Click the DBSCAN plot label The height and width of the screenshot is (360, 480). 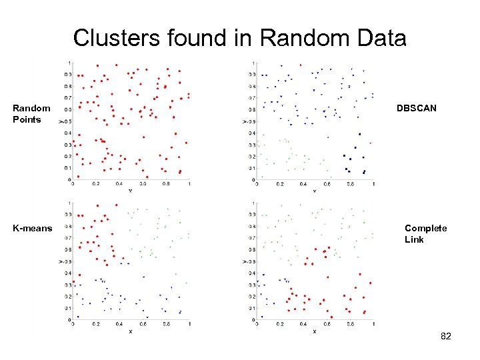[417, 108]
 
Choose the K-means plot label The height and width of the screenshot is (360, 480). [32, 228]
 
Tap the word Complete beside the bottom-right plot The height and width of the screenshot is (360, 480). [425, 228]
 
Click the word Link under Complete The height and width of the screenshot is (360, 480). [414, 239]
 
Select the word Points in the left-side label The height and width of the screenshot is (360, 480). [27, 120]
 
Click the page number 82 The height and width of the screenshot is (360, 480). [446, 337]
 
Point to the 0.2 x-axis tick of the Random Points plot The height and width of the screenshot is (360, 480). [95, 184]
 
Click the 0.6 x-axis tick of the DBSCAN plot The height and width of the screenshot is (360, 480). [327, 184]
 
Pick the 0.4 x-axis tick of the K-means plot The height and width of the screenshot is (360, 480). [119, 325]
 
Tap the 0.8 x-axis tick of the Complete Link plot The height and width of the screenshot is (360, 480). [350, 325]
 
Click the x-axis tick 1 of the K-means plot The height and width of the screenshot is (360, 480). [189, 325]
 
